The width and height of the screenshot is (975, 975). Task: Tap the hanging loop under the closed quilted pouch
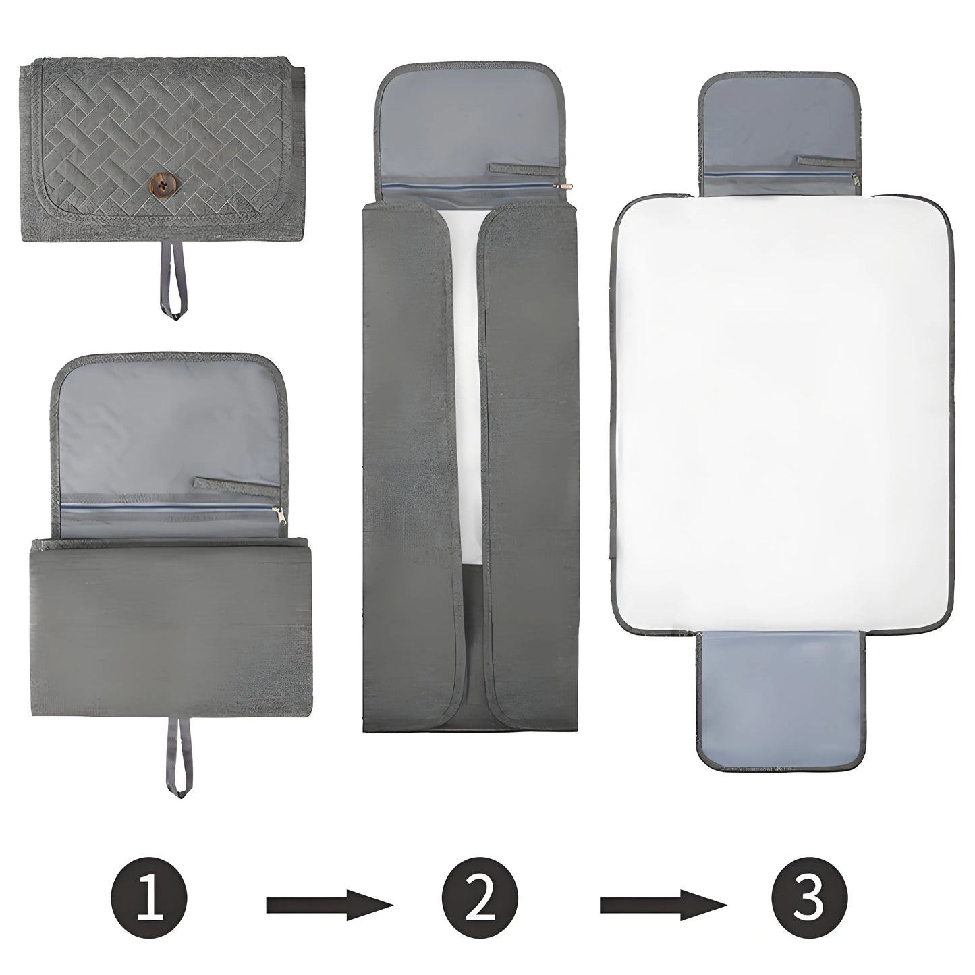[x=173, y=286]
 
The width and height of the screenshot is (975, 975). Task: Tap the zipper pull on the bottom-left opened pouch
[x=279, y=520]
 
